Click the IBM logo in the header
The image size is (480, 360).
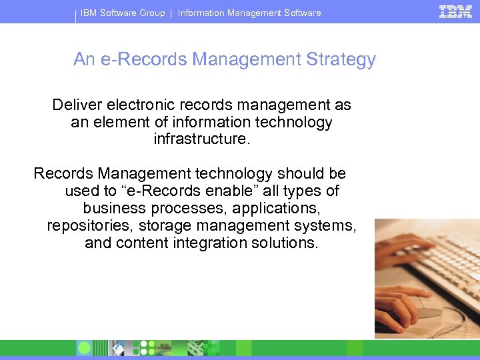(x=456, y=11)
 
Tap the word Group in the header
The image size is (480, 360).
(x=152, y=13)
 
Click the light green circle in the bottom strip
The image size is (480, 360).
(x=84, y=348)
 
